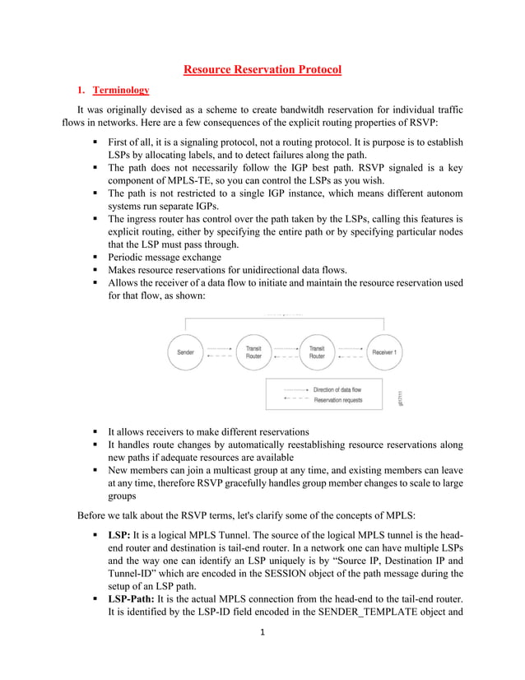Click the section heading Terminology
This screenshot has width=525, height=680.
[x=121, y=90]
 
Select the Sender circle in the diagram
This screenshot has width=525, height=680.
[x=186, y=352]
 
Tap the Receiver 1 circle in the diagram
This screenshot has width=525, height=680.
[x=384, y=352]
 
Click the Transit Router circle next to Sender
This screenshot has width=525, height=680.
[x=253, y=352]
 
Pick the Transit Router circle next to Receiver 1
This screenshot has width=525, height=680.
[x=317, y=352]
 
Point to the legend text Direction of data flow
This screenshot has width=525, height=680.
[x=337, y=389]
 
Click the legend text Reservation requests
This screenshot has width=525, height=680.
[x=337, y=399]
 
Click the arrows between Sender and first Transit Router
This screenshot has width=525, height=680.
[x=220, y=352]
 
